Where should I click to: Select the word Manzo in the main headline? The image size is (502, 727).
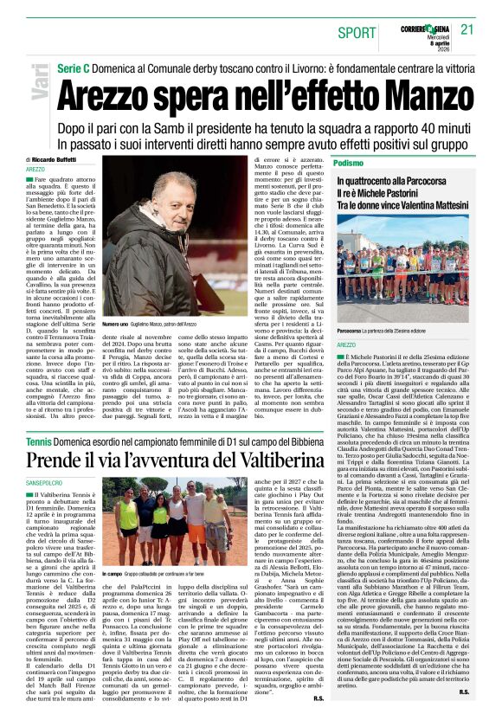click(x=407, y=88)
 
